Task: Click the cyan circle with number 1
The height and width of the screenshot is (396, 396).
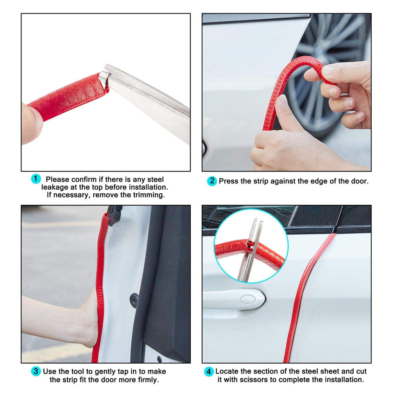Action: (36, 179)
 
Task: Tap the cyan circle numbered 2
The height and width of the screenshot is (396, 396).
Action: (212, 181)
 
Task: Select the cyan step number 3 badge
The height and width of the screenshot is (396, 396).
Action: (36, 371)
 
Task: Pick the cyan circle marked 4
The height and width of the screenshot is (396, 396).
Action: (209, 372)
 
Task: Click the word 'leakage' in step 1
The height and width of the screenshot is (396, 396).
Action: (55, 187)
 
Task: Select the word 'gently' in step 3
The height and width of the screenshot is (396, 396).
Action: (105, 371)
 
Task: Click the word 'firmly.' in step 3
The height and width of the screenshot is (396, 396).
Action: (148, 379)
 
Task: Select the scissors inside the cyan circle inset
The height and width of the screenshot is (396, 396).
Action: (250, 250)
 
